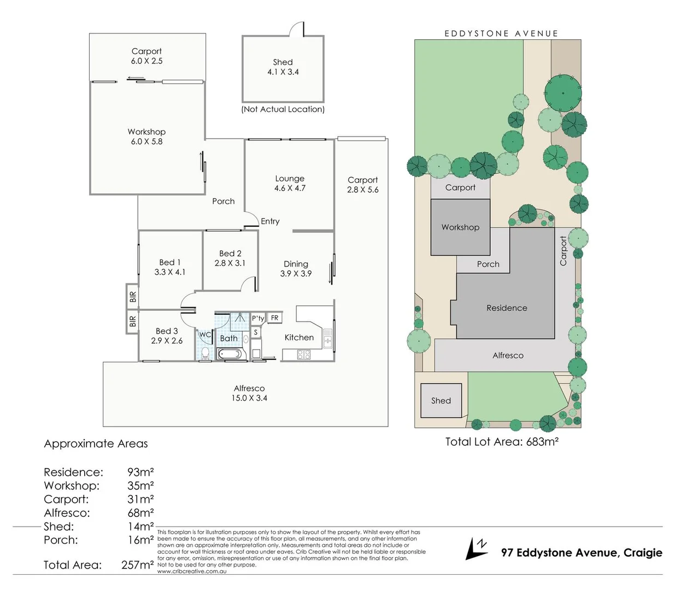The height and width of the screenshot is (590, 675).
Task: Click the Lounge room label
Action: pyautogui.click(x=290, y=179)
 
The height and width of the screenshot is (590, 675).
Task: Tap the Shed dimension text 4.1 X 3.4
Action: pyautogui.click(x=283, y=72)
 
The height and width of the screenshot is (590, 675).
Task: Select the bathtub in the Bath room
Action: pyautogui.click(x=232, y=354)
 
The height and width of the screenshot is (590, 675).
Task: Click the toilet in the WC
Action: pyautogui.click(x=204, y=353)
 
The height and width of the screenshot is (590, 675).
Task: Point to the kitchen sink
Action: pyautogui.click(x=327, y=338)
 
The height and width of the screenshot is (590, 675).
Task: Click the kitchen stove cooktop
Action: pyautogui.click(x=304, y=355)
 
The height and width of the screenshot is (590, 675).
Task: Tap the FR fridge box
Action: pyautogui.click(x=274, y=318)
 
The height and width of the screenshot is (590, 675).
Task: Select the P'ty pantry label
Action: pyautogui.click(x=258, y=318)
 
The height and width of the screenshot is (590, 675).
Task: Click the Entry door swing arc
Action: pyautogui.click(x=251, y=220)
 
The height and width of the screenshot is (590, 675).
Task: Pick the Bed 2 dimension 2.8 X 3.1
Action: pyautogui.click(x=230, y=263)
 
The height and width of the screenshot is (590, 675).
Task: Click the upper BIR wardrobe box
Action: pyautogui.click(x=132, y=297)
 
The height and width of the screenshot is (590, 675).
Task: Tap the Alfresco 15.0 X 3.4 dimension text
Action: pyautogui.click(x=249, y=398)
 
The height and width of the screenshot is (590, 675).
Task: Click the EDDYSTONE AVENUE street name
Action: pyautogui.click(x=501, y=34)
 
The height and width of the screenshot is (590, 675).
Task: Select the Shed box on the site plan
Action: pyautogui.click(x=441, y=400)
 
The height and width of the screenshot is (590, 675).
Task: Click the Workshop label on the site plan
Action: pyautogui.click(x=460, y=227)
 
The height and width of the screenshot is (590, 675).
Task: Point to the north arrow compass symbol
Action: pyautogui.click(x=476, y=548)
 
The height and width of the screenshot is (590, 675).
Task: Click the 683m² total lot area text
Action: pyautogui.click(x=542, y=442)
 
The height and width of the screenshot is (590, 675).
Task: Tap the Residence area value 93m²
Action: pyautogui.click(x=140, y=472)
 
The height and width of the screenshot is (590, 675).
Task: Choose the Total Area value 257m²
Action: pyautogui.click(x=137, y=565)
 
